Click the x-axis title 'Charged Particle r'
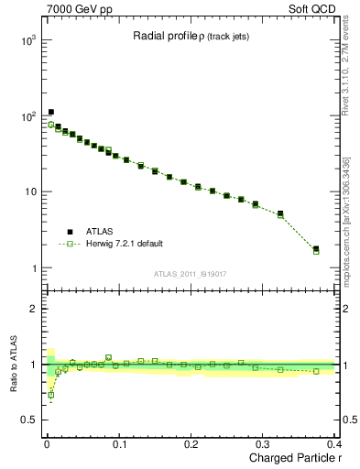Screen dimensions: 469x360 point(291,458)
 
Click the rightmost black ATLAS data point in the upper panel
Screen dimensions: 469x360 point(316,248)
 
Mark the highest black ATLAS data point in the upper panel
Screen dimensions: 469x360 point(50,113)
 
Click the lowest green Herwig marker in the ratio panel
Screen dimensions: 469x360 point(50,395)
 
